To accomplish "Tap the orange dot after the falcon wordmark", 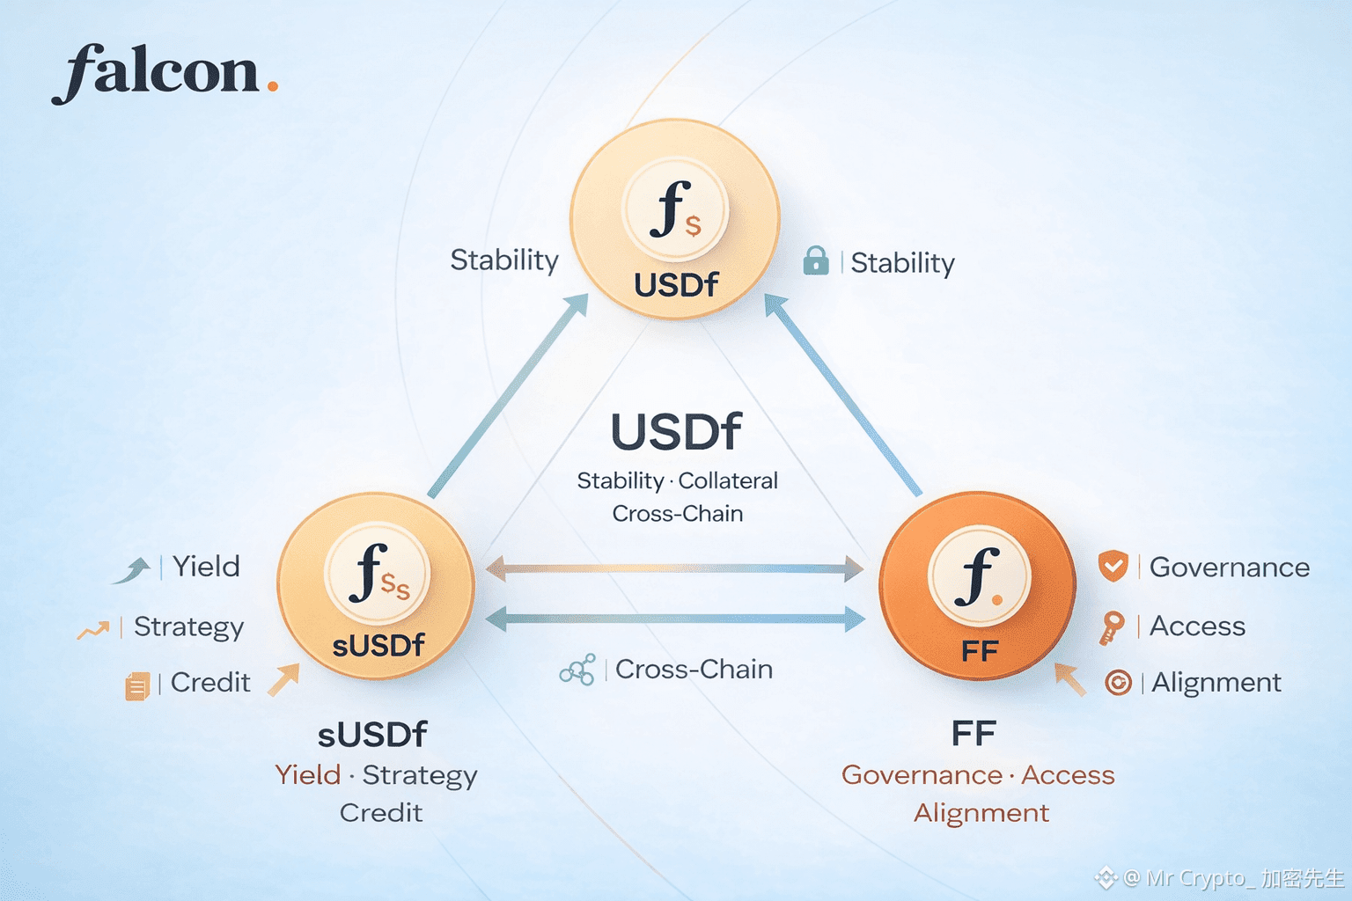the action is point(272,86).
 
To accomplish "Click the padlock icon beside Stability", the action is point(816,261).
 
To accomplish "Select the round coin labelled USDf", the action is point(675,219).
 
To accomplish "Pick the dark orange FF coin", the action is point(977,586).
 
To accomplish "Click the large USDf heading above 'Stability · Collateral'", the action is point(676,433).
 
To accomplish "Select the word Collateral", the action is point(728,480).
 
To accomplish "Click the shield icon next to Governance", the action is point(1113,566).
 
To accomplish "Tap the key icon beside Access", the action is point(1111,627).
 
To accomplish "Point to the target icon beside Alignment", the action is point(1118,682).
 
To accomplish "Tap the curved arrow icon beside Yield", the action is point(133,570).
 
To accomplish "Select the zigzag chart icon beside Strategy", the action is point(93,629).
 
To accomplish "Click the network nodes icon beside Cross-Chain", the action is point(577,670).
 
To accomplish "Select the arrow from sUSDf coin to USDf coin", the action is point(507,396).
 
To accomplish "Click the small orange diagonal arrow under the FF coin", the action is point(1069,678).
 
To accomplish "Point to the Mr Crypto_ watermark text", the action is point(1232,877).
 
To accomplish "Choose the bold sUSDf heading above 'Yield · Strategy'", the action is point(372,734).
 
